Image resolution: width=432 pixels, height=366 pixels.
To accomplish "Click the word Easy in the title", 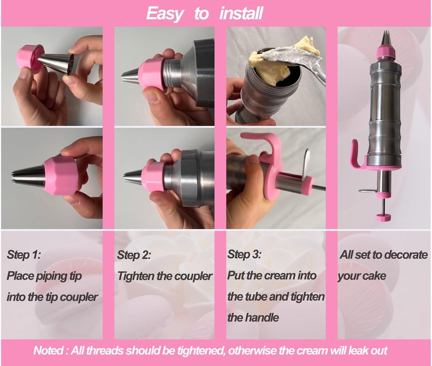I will (x=165, y=14).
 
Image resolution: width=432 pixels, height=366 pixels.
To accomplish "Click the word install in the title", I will (x=241, y=14).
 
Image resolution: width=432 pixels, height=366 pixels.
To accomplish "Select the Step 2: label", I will (x=134, y=255).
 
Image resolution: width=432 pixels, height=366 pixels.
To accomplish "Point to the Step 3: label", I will (x=244, y=254).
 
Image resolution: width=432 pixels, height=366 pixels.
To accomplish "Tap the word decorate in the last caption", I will (x=405, y=255).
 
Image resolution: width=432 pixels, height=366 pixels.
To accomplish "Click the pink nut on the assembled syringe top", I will (x=385, y=53).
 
